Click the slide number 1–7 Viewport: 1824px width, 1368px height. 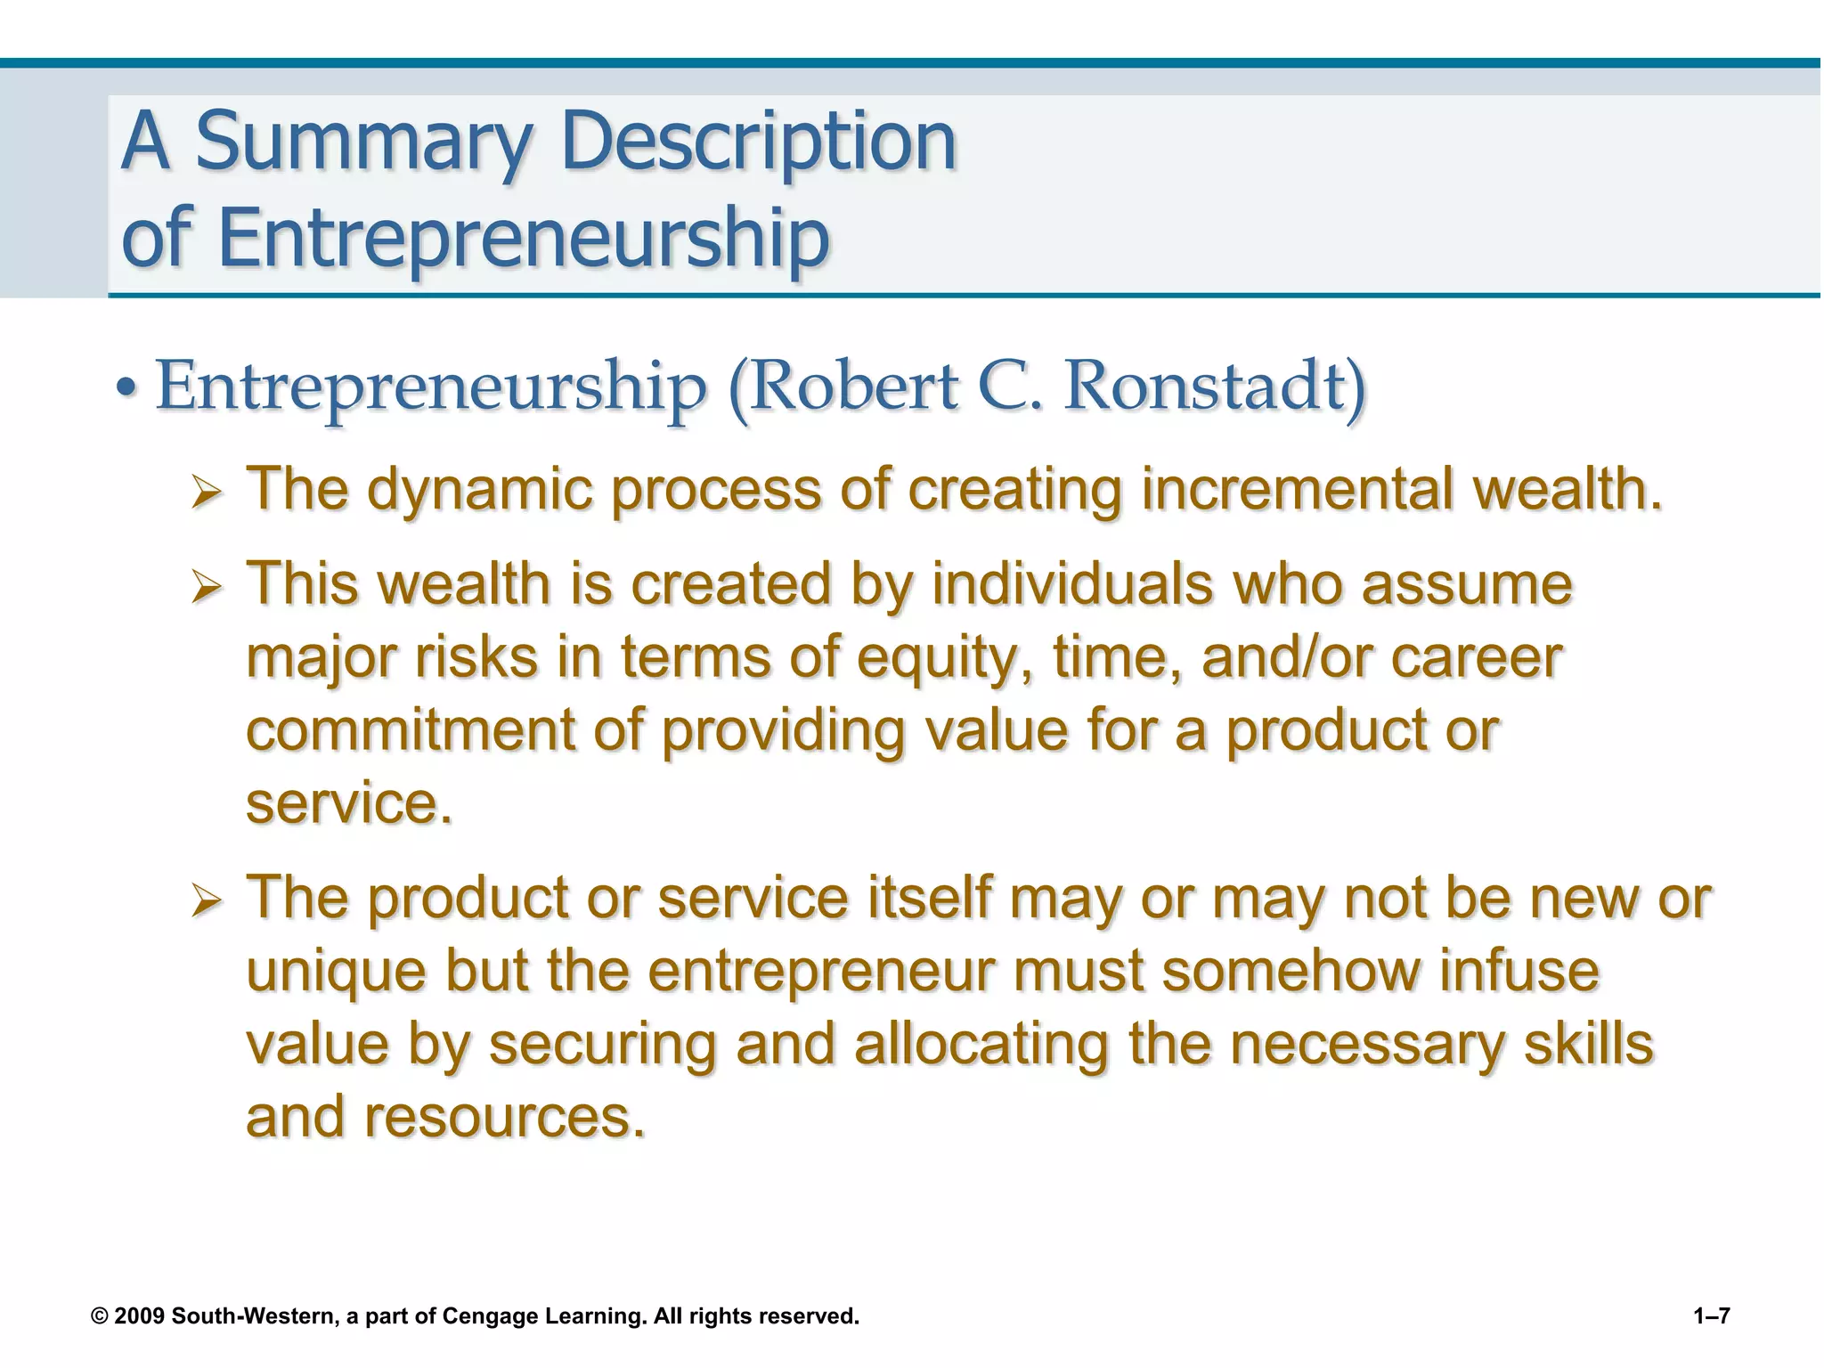tap(1711, 1316)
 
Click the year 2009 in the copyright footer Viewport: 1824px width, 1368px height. tap(140, 1316)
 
